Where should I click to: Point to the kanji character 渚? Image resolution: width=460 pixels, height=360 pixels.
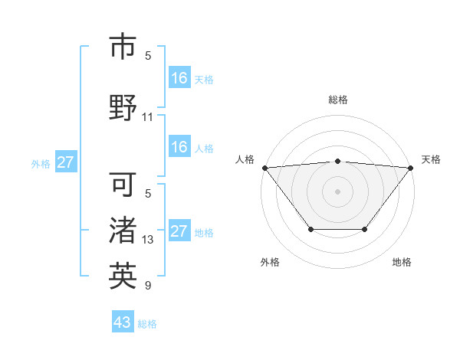click(x=123, y=231)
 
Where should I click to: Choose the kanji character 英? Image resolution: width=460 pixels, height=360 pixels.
click(x=123, y=276)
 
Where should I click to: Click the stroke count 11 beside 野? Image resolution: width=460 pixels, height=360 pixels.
click(x=148, y=117)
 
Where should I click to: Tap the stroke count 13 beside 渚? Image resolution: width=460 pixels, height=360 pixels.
click(x=148, y=240)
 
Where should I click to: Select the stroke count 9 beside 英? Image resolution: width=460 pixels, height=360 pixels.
click(x=148, y=286)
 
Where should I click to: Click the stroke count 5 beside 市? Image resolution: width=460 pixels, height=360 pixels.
click(x=148, y=55)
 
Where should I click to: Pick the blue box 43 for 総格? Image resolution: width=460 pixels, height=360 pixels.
click(x=122, y=322)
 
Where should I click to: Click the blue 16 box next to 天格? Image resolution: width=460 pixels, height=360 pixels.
click(x=179, y=77)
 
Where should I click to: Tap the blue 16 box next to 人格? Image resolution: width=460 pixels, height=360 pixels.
click(x=179, y=147)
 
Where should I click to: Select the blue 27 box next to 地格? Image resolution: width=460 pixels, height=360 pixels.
click(x=179, y=231)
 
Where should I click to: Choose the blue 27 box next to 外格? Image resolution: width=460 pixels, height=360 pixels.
click(x=66, y=162)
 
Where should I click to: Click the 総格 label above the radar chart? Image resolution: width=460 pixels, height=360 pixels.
click(x=337, y=100)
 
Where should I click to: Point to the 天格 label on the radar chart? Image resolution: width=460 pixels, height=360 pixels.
click(x=432, y=159)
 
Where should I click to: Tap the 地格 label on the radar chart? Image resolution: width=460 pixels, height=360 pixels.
click(x=402, y=262)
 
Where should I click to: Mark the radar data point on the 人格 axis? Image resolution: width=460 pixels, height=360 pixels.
click(x=264, y=168)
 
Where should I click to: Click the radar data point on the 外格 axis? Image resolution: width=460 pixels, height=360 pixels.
click(x=310, y=229)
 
